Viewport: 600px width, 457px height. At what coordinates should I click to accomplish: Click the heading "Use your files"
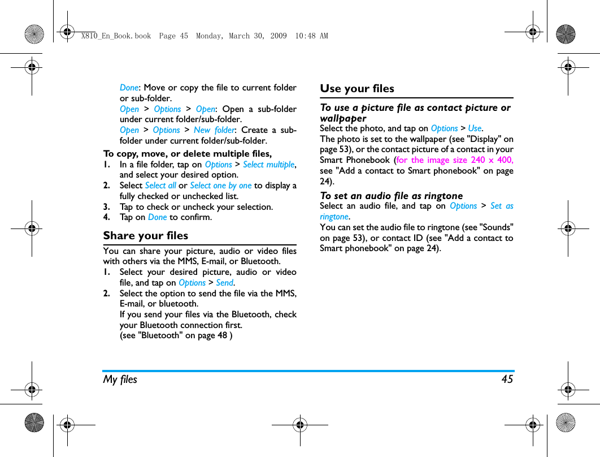click(x=357, y=89)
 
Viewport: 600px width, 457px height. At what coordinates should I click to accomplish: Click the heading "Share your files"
click(x=145, y=236)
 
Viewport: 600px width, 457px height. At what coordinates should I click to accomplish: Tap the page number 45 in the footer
click(x=507, y=380)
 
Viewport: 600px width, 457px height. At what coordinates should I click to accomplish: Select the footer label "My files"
click(x=120, y=380)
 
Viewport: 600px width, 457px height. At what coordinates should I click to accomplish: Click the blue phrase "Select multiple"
click(x=268, y=165)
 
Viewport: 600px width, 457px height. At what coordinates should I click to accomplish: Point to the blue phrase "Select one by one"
click(x=220, y=186)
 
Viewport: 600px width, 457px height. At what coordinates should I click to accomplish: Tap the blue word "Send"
click(x=225, y=283)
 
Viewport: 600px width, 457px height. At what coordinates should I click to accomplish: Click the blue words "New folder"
click(x=214, y=130)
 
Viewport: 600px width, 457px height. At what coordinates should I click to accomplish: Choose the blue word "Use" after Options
click(x=475, y=128)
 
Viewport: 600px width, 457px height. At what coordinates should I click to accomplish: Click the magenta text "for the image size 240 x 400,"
click(x=455, y=160)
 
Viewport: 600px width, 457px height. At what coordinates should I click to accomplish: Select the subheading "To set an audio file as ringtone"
click(x=391, y=196)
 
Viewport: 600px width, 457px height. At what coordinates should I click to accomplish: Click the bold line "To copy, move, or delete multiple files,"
click(x=187, y=154)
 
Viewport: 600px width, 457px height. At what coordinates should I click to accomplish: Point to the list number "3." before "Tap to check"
click(x=106, y=207)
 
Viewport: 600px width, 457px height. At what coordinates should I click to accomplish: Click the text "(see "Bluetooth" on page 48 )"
click(x=176, y=335)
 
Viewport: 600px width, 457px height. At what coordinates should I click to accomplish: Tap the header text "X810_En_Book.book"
click(x=116, y=36)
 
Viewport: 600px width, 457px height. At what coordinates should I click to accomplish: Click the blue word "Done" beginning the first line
click(x=129, y=88)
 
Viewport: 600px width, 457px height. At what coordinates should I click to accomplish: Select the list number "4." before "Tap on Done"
click(x=106, y=217)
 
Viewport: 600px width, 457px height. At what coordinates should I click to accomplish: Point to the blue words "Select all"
click(x=160, y=186)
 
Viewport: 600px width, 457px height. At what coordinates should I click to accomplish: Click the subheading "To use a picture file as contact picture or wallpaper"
click(x=415, y=113)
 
